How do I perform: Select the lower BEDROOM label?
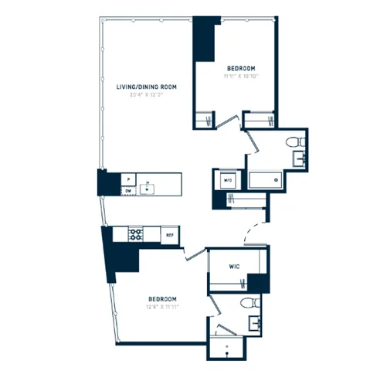pyautogui.click(x=162, y=298)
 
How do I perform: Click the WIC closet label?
pyautogui.click(x=236, y=267)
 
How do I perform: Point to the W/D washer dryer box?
pyautogui.click(x=228, y=180)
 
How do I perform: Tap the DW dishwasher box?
pyautogui.click(x=127, y=189)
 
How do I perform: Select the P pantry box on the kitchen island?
pyautogui.click(x=127, y=178)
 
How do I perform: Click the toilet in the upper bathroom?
pyautogui.click(x=292, y=142)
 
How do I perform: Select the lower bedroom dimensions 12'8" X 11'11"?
pyautogui.click(x=162, y=307)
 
